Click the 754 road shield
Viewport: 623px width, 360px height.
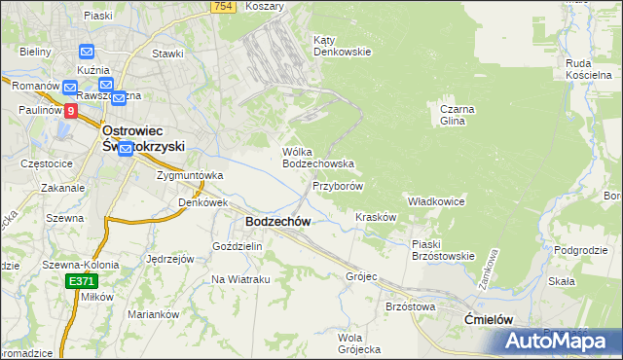(224, 7)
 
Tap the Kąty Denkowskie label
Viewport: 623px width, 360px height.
(341, 46)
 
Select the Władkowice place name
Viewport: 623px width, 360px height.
(435, 200)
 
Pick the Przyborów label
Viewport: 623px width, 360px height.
(338, 185)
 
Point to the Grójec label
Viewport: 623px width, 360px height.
(361, 276)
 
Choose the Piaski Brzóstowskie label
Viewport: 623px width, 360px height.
(442, 250)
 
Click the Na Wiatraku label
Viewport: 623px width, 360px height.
(240, 279)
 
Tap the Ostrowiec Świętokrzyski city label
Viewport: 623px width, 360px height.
(144, 137)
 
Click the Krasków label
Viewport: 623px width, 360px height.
(376, 217)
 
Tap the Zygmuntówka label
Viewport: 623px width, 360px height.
(190, 175)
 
